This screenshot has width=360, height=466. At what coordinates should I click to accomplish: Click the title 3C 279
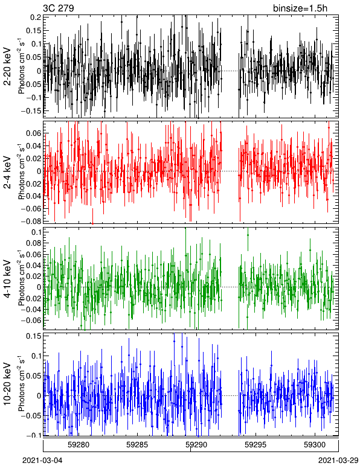[59, 8]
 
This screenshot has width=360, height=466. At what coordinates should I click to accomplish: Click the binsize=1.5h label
[300, 8]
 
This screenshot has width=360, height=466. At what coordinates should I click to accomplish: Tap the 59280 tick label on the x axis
[79, 445]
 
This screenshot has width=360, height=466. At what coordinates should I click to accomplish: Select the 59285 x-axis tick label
[137, 445]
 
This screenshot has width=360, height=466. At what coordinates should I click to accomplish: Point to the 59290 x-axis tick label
[196, 445]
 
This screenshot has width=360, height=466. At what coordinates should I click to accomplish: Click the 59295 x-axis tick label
[256, 445]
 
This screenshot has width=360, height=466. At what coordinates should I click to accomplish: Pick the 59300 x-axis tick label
[315, 445]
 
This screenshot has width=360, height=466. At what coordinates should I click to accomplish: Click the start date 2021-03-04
[42, 461]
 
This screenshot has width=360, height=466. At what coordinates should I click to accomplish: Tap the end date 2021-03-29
[338, 461]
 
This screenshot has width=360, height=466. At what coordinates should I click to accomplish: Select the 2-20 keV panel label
[7, 66]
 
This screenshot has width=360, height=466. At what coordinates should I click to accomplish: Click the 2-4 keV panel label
[7, 173]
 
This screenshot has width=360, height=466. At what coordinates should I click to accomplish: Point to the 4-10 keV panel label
[7, 278]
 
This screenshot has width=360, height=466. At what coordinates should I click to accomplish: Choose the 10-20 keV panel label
[7, 384]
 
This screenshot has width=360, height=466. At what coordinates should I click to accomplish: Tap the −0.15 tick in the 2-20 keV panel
[31, 111]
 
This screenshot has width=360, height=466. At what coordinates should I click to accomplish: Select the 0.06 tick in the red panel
[33, 133]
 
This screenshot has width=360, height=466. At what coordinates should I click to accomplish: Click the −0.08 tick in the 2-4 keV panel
[31, 221]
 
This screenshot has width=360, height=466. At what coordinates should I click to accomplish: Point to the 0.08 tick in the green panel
[33, 243]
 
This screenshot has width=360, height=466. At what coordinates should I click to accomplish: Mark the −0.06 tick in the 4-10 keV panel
[31, 320]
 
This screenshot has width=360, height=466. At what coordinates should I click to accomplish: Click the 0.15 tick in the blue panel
[33, 336]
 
